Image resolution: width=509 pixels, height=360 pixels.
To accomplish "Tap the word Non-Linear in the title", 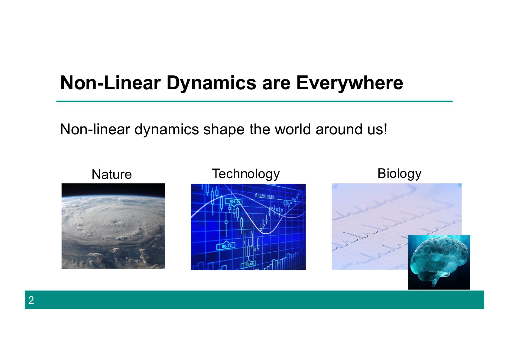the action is coord(111,83).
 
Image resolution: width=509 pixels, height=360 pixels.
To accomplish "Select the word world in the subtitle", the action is coord(293,129).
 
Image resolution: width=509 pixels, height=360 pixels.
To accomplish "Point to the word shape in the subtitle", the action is coord(224,130).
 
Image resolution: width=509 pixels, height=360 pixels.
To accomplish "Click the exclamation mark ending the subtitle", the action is coord(385,129).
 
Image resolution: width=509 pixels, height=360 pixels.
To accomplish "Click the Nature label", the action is coord(112,175).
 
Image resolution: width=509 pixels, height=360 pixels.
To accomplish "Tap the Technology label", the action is coord(246,175).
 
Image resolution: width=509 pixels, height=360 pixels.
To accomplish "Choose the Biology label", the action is coord(399,174).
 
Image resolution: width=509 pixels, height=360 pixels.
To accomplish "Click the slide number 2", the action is coord(31,300).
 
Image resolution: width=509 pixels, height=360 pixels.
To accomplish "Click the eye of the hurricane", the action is coord(114,221).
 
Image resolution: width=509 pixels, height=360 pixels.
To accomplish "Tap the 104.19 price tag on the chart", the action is coord(233,202).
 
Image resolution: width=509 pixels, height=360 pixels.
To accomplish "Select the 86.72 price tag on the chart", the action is coord(226,246).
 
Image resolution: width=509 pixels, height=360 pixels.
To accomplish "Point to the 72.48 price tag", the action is coord(248,264).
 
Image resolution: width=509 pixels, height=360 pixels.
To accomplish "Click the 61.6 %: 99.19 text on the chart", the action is coord(264,195).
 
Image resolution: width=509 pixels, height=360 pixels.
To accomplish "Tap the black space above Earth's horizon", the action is coord(113,189).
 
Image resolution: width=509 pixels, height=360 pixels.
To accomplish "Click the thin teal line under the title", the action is coord(254,101).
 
